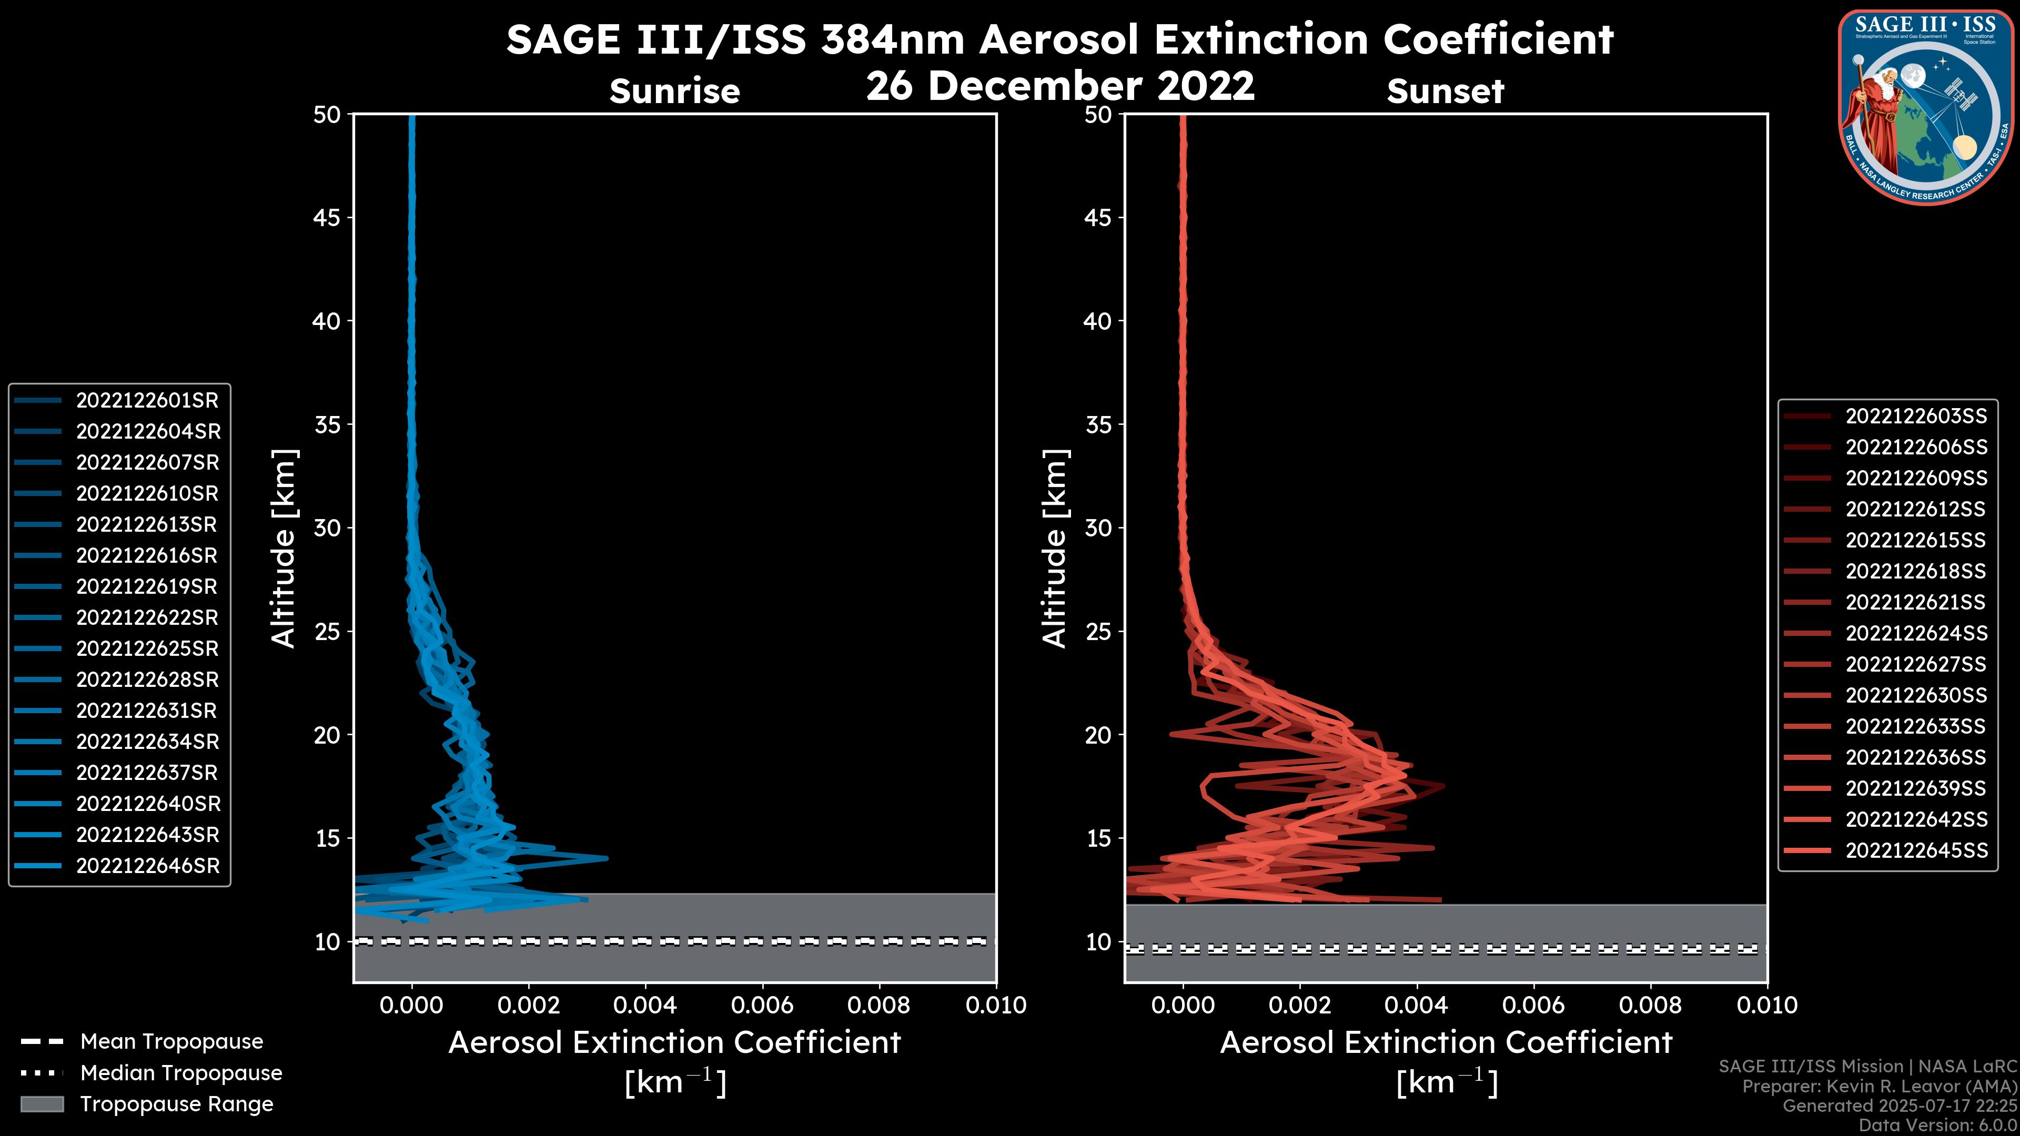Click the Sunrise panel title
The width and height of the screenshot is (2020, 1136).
click(x=674, y=91)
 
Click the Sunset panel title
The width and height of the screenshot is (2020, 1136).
click(x=1445, y=91)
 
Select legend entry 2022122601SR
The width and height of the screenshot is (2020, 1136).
click(x=147, y=401)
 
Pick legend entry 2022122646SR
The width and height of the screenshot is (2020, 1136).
click(x=147, y=866)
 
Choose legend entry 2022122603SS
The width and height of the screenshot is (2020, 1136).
click(x=1916, y=417)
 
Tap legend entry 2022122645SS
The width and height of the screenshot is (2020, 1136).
click(x=1916, y=850)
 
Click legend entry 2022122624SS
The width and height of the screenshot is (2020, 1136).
click(x=1916, y=633)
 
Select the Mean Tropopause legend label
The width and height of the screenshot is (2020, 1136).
click(x=171, y=1042)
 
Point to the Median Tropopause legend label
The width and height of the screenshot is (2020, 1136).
click(x=181, y=1073)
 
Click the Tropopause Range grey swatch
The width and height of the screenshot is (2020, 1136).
click(x=42, y=1104)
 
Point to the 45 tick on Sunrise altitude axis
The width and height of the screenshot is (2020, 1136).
click(x=327, y=218)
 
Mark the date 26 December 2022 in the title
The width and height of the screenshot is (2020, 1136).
click(x=1060, y=85)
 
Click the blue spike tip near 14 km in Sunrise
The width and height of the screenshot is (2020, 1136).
click(x=606, y=858)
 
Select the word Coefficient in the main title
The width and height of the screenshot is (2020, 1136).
click(x=1498, y=39)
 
